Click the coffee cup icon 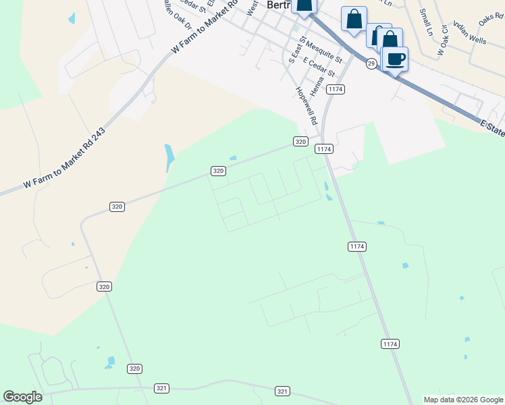coord(396,58)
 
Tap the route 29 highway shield coord(371,63)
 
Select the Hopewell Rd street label coord(307,107)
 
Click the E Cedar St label coord(319,66)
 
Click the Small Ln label coord(425,21)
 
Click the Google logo coord(22,397)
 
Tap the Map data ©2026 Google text coord(463,400)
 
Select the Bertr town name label coord(278,4)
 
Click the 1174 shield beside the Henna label coord(335,89)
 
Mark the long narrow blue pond coord(169,158)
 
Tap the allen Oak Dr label coord(178,14)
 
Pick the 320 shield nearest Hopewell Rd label coord(301,141)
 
